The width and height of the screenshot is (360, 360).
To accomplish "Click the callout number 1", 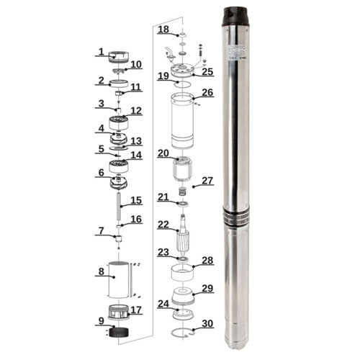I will tap(102, 52).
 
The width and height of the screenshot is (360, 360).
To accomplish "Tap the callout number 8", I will tap(102, 272).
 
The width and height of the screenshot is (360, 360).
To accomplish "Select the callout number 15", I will tap(135, 200).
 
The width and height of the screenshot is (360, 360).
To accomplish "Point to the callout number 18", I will tap(163, 30).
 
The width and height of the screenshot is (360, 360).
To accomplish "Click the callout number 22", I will tap(163, 225).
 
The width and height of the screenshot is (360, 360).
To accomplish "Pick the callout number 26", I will tap(207, 93).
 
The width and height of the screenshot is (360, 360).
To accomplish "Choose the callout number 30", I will tap(207, 323).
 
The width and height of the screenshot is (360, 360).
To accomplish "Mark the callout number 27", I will tap(207, 180).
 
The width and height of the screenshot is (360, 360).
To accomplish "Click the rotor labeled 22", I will tap(183, 237).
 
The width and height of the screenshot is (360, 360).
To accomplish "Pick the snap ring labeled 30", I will tap(184, 332).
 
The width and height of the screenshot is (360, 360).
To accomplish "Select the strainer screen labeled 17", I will tap(117, 312).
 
